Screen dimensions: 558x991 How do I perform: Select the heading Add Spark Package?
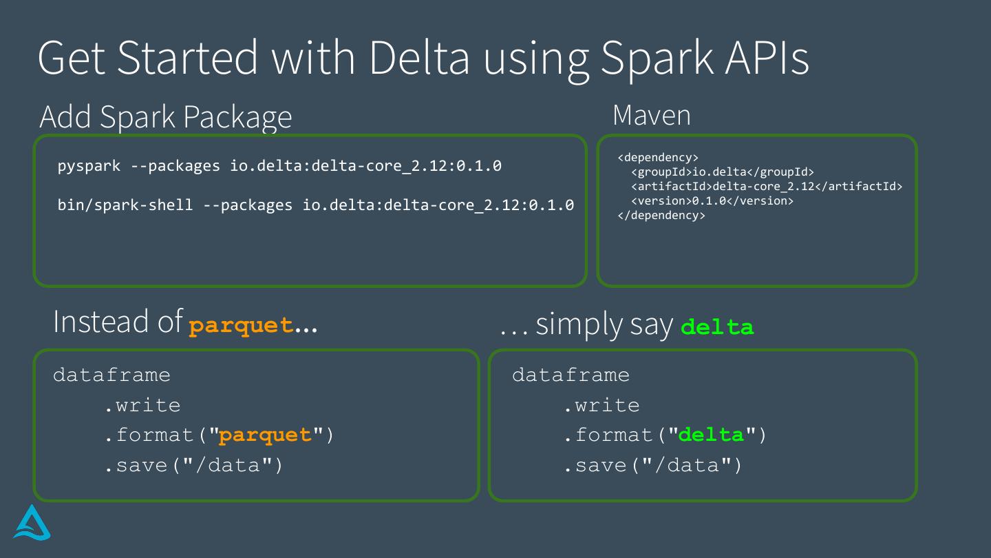(x=166, y=117)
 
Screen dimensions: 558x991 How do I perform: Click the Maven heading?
(x=651, y=115)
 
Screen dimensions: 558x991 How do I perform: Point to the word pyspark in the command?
(x=89, y=166)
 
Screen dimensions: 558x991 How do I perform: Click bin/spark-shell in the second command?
(x=125, y=205)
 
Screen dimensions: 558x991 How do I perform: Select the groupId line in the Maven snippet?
(x=722, y=172)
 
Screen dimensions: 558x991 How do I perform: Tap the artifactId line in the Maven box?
(x=766, y=187)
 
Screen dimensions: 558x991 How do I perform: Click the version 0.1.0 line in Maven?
(x=712, y=201)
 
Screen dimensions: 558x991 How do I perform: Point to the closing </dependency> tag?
(x=661, y=216)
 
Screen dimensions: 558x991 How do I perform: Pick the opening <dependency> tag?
(x=658, y=158)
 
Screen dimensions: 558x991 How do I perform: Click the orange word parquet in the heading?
(x=241, y=325)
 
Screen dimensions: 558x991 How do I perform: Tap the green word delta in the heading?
(x=717, y=327)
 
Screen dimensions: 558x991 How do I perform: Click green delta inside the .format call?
(x=712, y=435)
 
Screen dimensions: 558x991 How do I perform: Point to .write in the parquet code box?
(x=142, y=405)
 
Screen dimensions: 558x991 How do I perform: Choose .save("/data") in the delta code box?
(x=653, y=466)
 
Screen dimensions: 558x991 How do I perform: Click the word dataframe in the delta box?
(x=571, y=375)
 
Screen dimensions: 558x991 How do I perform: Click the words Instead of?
(x=118, y=322)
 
